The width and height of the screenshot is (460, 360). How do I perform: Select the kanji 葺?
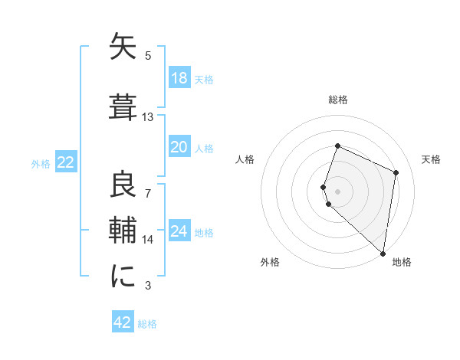pyautogui.click(x=123, y=106)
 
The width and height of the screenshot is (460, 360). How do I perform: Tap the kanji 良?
pyautogui.click(x=123, y=186)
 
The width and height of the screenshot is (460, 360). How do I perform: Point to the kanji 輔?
pyautogui.click(x=123, y=231)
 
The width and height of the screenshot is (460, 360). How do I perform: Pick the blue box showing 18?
pyautogui.click(x=179, y=78)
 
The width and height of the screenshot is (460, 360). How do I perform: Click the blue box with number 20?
pyautogui.click(x=179, y=147)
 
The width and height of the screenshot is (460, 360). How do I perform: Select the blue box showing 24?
pyautogui.click(x=179, y=231)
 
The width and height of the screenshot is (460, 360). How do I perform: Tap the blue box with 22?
pyautogui.click(x=65, y=162)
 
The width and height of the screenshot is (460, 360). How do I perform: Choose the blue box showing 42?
pyautogui.click(x=123, y=322)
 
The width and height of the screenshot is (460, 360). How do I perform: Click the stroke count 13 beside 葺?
pyautogui.click(x=148, y=117)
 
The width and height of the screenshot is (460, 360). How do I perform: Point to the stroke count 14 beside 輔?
pyautogui.click(x=148, y=240)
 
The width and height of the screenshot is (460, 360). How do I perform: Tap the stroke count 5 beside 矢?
pyautogui.click(x=148, y=55)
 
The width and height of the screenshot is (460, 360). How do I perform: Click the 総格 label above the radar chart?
pyautogui.click(x=338, y=100)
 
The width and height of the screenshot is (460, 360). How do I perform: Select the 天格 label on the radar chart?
pyautogui.click(x=432, y=159)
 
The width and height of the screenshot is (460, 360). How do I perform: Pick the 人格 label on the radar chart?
pyautogui.click(x=245, y=159)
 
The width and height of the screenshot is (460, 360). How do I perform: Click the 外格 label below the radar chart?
pyautogui.click(x=270, y=262)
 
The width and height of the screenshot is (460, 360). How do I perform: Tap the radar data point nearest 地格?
pyautogui.click(x=383, y=254)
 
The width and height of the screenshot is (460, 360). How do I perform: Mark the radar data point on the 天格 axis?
pyautogui.click(x=396, y=172)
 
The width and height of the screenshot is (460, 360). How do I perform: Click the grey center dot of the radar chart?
pyautogui.click(x=338, y=191)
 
